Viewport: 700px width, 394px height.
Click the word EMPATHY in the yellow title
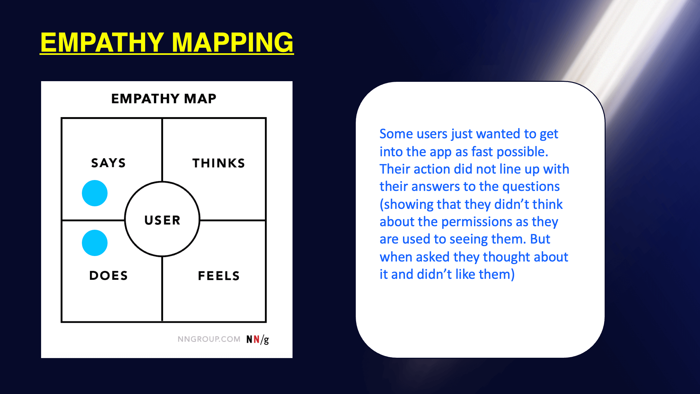[102, 42]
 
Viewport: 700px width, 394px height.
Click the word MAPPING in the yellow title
[233, 42]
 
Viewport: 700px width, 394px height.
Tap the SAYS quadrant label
[109, 163]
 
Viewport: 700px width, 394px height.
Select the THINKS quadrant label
[219, 163]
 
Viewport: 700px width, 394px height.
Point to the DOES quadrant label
[109, 276]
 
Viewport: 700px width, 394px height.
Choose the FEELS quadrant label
[219, 276]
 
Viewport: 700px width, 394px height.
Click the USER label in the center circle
[162, 220]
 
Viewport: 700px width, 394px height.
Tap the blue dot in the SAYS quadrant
[95, 193]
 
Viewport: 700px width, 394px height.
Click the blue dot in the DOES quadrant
[95, 243]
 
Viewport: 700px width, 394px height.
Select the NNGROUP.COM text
[209, 339]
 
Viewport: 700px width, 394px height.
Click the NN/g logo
[258, 339]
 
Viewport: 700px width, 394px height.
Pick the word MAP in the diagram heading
[200, 98]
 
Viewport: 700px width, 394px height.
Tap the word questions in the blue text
[531, 187]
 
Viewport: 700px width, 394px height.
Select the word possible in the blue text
[522, 152]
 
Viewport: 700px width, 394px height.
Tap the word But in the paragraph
[540, 239]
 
